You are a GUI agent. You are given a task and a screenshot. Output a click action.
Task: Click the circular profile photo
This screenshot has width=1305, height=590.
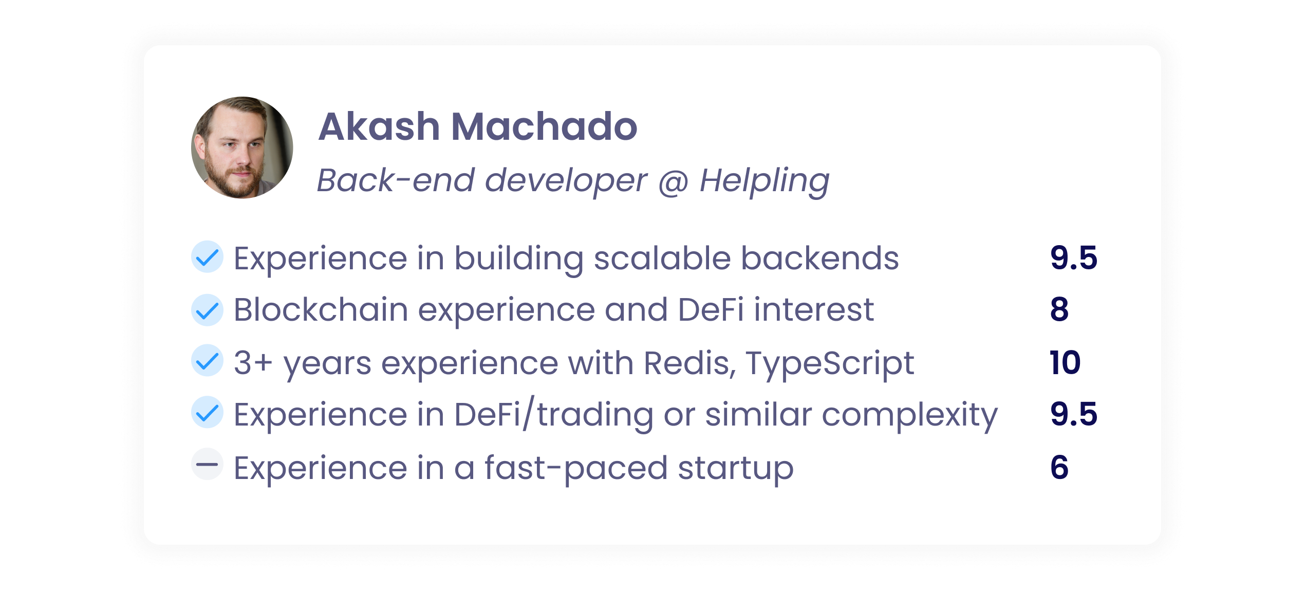click(242, 147)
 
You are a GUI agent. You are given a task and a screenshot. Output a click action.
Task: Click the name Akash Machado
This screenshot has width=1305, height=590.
click(478, 126)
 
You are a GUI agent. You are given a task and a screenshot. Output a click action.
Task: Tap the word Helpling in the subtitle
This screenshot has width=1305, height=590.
click(765, 181)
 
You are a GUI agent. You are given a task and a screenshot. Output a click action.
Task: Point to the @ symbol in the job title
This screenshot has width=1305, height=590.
click(673, 182)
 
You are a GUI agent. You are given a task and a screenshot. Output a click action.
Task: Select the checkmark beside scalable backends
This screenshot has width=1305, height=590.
click(207, 256)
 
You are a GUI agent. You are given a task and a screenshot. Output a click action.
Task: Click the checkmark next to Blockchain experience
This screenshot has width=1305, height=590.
click(207, 310)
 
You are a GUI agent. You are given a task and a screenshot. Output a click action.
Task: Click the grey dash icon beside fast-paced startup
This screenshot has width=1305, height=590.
click(207, 464)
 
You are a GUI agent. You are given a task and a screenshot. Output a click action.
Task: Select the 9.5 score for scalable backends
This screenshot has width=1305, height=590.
click(1074, 257)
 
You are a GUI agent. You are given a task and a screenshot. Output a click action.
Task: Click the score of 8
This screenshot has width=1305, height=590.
click(1059, 309)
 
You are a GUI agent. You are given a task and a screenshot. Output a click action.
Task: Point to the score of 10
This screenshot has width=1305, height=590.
click(1065, 362)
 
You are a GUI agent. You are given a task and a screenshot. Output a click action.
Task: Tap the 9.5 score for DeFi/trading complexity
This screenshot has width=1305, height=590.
click(1074, 414)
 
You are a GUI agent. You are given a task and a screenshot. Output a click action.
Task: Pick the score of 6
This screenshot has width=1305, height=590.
click(1059, 467)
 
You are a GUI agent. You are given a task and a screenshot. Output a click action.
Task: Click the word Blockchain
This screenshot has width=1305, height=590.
click(321, 310)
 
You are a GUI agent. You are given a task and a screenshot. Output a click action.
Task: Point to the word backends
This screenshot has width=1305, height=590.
click(821, 257)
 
